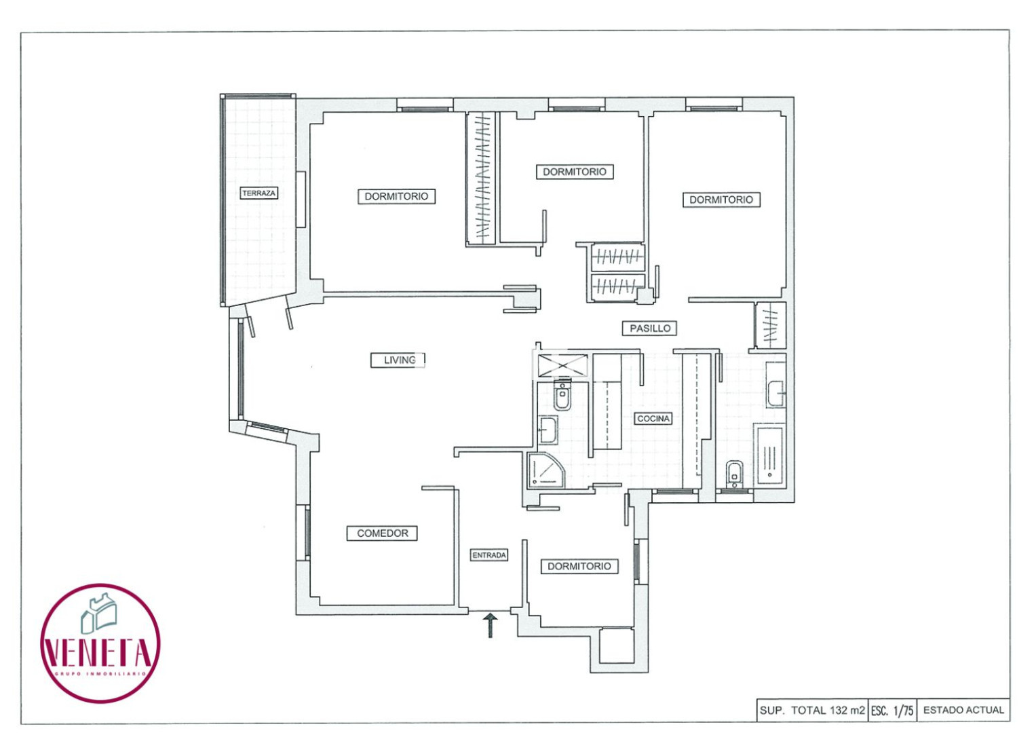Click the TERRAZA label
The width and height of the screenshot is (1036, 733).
pyautogui.click(x=258, y=193)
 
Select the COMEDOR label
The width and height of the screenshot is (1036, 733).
pyautogui.click(x=382, y=533)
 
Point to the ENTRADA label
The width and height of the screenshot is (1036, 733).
pyautogui.click(x=489, y=555)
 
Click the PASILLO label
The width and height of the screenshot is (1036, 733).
pyautogui.click(x=650, y=328)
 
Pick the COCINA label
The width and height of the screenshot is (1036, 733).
pyautogui.click(x=653, y=418)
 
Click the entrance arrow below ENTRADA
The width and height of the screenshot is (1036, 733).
pyautogui.click(x=491, y=625)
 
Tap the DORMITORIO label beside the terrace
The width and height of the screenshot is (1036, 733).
pyautogui.click(x=396, y=196)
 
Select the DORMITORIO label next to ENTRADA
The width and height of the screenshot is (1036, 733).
pyautogui.click(x=579, y=566)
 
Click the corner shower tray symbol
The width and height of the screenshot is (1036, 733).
pyautogui.click(x=545, y=470)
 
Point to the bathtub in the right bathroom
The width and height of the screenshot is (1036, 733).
pyautogui.click(x=770, y=456)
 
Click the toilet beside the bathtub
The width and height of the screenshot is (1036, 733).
pyautogui.click(x=735, y=474)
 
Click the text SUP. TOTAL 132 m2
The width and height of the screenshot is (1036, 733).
pyautogui.click(x=812, y=711)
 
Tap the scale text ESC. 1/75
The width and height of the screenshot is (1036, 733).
pyautogui.click(x=892, y=711)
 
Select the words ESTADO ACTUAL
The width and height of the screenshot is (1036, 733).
pyautogui.click(x=963, y=711)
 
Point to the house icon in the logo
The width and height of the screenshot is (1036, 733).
pyautogui.click(x=98, y=614)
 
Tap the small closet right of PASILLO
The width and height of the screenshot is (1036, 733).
pyautogui.click(x=771, y=325)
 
